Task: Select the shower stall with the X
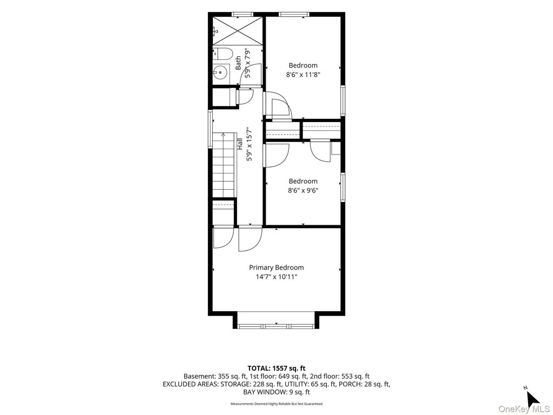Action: click(238, 30)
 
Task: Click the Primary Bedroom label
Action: click(276, 267)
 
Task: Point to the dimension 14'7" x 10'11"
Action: click(276, 277)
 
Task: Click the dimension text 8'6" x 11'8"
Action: click(303, 75)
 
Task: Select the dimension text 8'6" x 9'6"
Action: click(303, 191)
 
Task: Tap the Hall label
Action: click(240, 144)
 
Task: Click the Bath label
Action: click(238, 63)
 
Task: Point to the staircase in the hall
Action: click(224, 165)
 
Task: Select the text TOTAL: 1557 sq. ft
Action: click(276, 369)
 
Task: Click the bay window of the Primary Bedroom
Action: click(276, 326)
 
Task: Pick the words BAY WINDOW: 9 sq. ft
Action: click(276, 392)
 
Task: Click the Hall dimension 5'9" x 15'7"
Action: click(249, 144)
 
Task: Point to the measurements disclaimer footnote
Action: click(276, 404)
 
